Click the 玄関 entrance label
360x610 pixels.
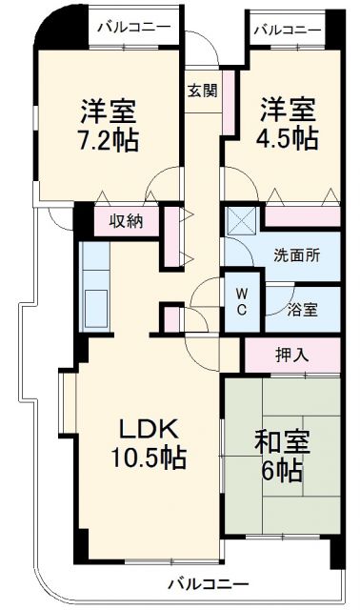pyautogui.click(x=201, y=91)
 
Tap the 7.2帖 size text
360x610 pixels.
pyautogui.click(x=108, y=140)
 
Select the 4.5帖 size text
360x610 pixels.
pyautogui.click(x=287, y=139)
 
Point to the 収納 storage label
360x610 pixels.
pyautogui.click(x=125, y=221)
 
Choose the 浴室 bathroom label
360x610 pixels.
pyautogui.click(x=303, y=309)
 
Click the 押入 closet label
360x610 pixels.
pyautogui.click(x=291, y=356)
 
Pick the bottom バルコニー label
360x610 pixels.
pyautogui.click(x=209, y=583)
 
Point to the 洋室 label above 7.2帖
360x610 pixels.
pyautogui.click(x=108, y=111)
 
